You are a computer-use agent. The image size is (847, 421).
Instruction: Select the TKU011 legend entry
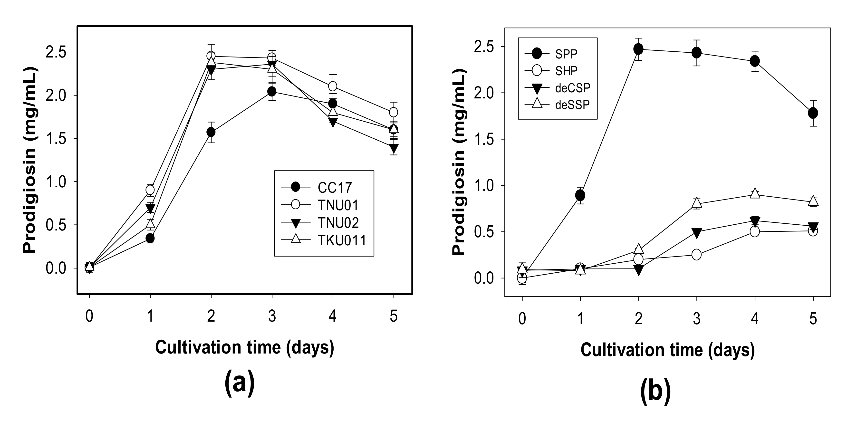point(342,240)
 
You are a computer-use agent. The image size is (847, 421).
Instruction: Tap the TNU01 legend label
point(338,205)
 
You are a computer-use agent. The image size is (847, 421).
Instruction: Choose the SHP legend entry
point(566,70)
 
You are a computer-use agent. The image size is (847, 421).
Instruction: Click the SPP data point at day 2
point(638,49)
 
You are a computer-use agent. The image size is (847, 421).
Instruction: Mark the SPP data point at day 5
point(813,113)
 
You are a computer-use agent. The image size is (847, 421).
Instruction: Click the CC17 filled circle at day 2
point(211,132)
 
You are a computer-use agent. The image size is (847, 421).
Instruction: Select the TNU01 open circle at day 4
point(333,86)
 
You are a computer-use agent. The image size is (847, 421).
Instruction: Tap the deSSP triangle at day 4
point(755,194)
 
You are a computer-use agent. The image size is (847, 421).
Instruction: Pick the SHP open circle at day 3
point(696,254)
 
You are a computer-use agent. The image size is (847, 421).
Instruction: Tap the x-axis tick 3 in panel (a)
point(272,316)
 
